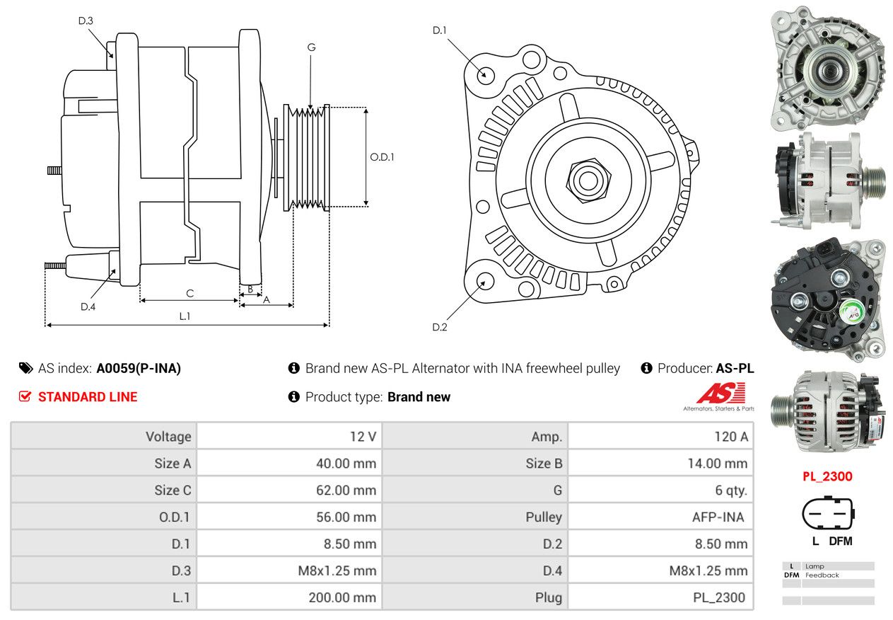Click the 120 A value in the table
tap(730, 437)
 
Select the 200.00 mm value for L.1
tap(342, 597)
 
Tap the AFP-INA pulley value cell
tap(718, 517)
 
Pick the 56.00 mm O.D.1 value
tap(346, 517)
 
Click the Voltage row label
tap(168, 437)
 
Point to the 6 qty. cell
tap(730, 490)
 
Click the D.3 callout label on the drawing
tap(86, 21)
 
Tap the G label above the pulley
tap(311, 47)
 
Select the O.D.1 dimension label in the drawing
tap(383, 157)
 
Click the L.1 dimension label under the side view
tap(185, 316)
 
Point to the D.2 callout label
tap(440, 327)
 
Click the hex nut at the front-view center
tap(586, 180)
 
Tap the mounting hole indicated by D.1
tap(485, 74)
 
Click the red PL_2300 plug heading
tap(827, 476)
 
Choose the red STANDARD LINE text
tap(88, 397)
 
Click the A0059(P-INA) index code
tap(139, 368)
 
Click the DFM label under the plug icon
tap(841, 541)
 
